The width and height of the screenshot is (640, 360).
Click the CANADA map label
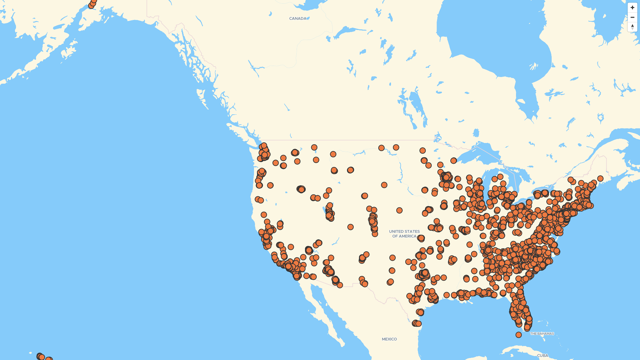tap(298, 19)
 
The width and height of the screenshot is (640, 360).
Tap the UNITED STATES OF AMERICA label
tap(404, 234)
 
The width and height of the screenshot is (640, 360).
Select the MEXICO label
tap(389, 339)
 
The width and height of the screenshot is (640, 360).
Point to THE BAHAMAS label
tap(542, 334)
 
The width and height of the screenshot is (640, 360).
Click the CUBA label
tap(542, 356)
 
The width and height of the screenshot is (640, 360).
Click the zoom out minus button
tap(632, 17)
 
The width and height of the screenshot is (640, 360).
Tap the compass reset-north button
tap(632, 27)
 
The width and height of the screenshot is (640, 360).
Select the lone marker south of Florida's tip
tap(519, 335)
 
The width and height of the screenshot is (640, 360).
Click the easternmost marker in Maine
tap(600, 179)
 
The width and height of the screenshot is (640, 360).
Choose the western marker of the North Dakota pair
tap(381, 148)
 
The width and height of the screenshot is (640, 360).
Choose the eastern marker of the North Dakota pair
tap(396, 147)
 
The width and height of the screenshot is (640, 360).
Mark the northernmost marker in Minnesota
tap(423, 151)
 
